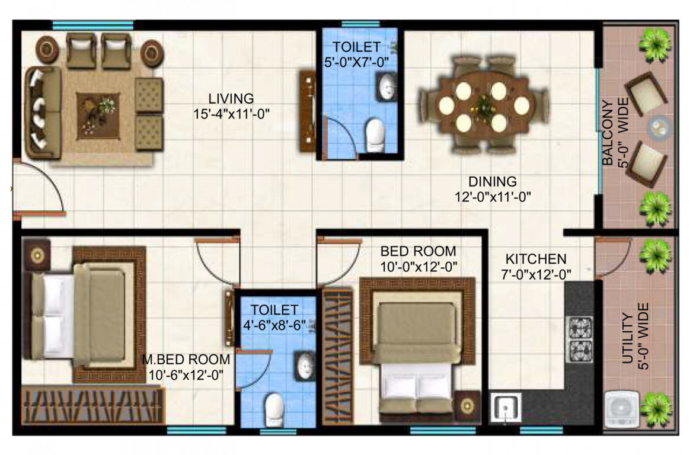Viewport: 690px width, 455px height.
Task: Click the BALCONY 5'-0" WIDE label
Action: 614,133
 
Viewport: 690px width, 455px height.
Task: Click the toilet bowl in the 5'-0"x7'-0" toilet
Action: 375,134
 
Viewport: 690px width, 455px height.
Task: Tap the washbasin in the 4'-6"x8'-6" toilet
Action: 305,366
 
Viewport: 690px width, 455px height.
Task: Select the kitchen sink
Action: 506,408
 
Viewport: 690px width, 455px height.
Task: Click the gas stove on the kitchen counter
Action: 580,339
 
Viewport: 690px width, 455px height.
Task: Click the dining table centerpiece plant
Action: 485,107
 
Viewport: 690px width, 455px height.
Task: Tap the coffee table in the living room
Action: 98,115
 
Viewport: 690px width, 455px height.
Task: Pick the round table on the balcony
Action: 656,127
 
